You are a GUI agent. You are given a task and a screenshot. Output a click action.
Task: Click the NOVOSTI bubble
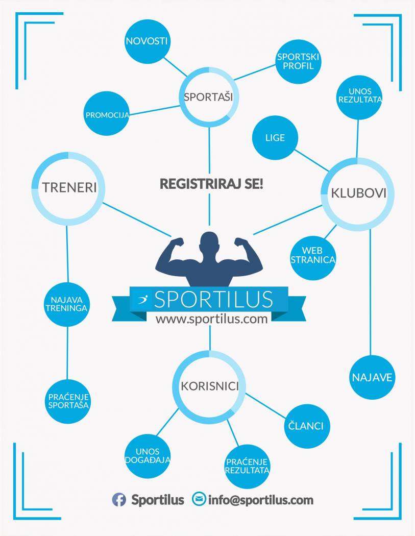(x=147, y=41)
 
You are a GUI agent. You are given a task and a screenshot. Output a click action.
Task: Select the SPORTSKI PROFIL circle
(x=299, y=61)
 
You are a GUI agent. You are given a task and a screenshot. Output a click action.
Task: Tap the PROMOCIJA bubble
(x=106, y=114)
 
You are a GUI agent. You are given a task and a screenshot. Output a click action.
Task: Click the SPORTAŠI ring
(x=209, y=96)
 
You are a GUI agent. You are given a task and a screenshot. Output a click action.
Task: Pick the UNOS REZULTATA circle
(x=360, y=95)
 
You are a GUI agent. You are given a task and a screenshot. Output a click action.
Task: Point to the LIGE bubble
(x=275, y=138)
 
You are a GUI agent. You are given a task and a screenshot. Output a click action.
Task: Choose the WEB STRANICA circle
(x=312, y=255)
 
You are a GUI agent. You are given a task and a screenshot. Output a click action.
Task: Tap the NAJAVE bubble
(x=372, y=378)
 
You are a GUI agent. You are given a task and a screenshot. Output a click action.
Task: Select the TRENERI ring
(x=69, y=187)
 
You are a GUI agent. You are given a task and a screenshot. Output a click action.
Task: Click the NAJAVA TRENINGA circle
(x=67, y=304)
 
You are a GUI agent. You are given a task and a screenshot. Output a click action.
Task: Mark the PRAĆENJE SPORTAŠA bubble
(x=68, y=401)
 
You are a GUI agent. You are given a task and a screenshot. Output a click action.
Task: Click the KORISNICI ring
(x=209, y=386)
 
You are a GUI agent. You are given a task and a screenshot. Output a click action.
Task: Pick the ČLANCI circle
(x=307, y=426)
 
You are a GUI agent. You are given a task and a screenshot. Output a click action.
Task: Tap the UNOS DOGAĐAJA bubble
(x=148, y=455)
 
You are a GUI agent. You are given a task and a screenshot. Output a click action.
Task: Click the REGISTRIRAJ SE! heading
(x=211, y=184)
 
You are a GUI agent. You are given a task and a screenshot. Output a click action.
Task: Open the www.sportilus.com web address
(x=211, y=319)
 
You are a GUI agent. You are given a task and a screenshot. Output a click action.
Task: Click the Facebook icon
(x=119, y=500)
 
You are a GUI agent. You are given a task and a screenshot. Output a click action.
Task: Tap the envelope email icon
(x=199, y=499)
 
